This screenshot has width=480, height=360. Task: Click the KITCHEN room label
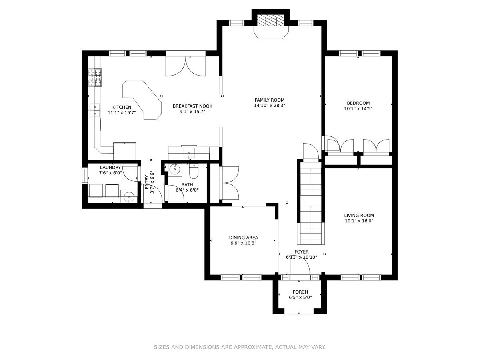pyautogui.click(x=122, y=107)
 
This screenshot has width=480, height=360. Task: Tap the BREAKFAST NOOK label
pyautogui.click(x=192, y=106)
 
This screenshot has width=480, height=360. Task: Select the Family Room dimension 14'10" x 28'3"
pyautogui.click(x=270, y=105)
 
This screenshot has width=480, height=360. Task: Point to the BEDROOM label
pyautogui.click(x=358, y=103)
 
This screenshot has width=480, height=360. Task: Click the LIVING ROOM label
pyautogui.click(x=359, y=215)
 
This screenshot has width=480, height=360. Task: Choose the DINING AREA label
pyautogui.click(x=244, y=238)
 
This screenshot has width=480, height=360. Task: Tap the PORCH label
pyautogui.click(x=300, y=292)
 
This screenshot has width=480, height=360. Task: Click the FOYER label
pyautogui.click(x=301, y=252)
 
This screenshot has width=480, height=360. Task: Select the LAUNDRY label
pyautogui.click(x=110, y=168)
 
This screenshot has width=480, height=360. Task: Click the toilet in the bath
pyautogui.click(x=194, y=171)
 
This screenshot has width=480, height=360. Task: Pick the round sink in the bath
pyautogui.click(x=175, y=169)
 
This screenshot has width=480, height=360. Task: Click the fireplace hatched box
pyautogui.click(x=271, y=20)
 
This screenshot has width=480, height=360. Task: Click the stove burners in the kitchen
pyautogui.click(x=95, y=78)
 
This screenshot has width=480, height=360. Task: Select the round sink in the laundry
pyautogui.click(x=129, y=197)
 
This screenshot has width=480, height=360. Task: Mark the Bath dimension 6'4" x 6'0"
pyautogui.click(x=187, y=190)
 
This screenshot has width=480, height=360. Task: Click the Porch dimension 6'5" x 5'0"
pyautogui.click(x=300, y=298)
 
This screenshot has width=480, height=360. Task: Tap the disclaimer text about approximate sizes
pyautogui.click(x=240, y=347)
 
